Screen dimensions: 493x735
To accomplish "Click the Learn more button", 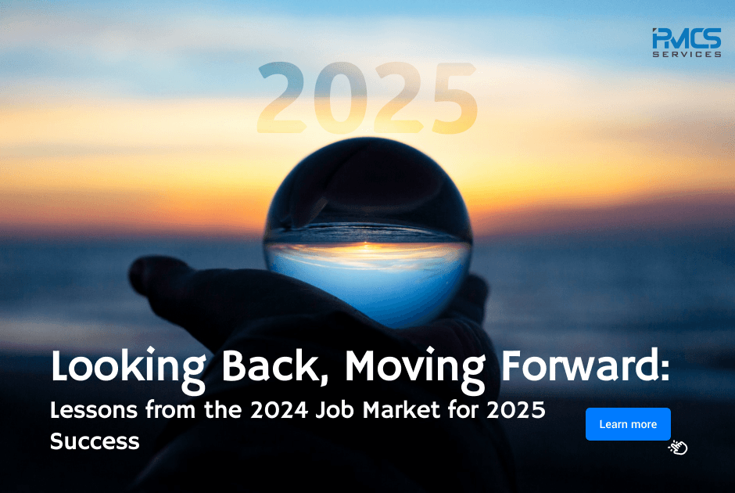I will point(628,424).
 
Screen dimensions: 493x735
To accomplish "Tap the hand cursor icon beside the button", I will point(678,448).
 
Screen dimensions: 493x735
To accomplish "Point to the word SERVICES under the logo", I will point(687,54).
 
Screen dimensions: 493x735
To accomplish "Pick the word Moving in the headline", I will point(401,366).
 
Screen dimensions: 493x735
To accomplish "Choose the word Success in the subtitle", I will point(95,441).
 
